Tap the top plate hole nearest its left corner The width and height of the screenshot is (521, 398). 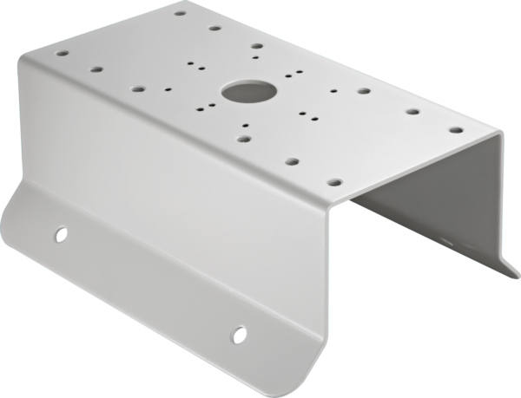(61, 52)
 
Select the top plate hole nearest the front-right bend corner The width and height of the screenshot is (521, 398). (333, 183)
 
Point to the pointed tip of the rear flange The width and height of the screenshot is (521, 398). (511, 276)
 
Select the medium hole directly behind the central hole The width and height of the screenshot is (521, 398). (256, 47)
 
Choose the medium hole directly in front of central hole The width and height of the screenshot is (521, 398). (244, 137)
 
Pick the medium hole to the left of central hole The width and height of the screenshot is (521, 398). (138, 88)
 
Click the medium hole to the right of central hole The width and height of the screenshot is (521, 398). (361, 89)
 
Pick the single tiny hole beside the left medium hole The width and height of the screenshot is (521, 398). (166, 88)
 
